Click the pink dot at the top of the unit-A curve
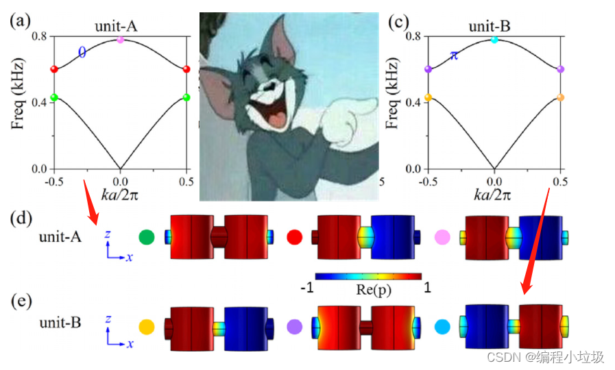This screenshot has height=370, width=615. point(121,40)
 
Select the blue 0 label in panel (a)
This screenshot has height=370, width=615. point(82,52)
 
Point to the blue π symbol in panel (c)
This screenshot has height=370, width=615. point(454,55)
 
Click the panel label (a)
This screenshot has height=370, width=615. point(19,21)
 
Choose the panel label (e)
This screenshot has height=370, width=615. point(19,301)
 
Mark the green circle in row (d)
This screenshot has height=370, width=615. point(146,237)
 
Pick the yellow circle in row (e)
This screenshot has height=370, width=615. point(146,327)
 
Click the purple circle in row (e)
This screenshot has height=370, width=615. point(295,327)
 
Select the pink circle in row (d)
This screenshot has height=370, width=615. point(442,237)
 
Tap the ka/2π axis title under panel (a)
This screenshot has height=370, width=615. point(121,195)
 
